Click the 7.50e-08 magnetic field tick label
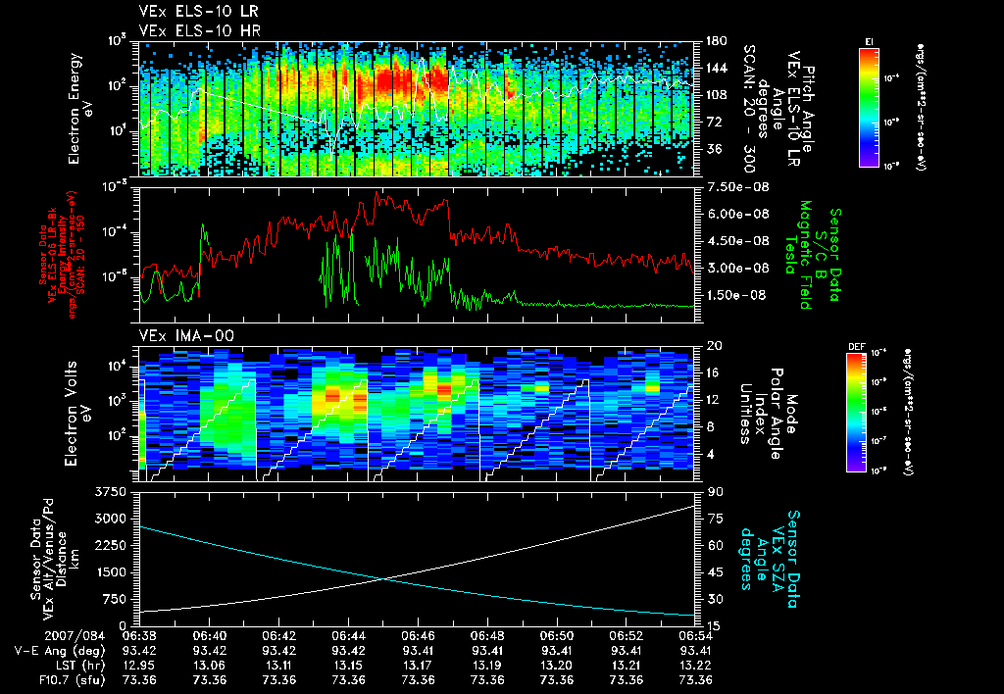(x=733, y=187)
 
